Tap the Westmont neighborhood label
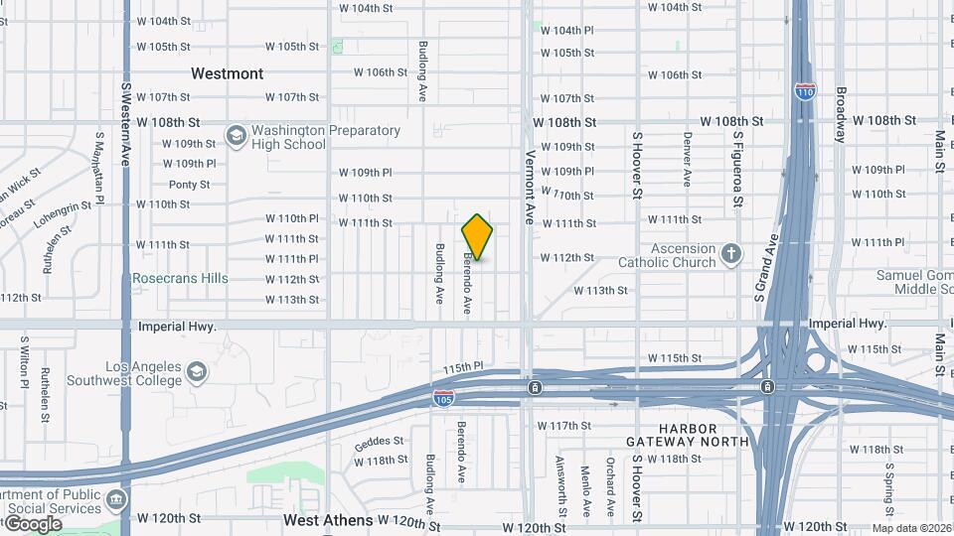tap(228, 73)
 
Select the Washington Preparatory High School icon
tap(236, 136)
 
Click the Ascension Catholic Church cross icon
tap(731, 254)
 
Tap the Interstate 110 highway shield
tap(805, 91)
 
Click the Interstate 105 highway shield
tap(444, 399)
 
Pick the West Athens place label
tap(328, 520)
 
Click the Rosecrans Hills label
tap(180, 279)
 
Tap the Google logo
tap(32, 523)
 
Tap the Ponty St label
tap(189, 185)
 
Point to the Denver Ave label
tap(687, 160)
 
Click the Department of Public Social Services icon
tap(117, 498)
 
